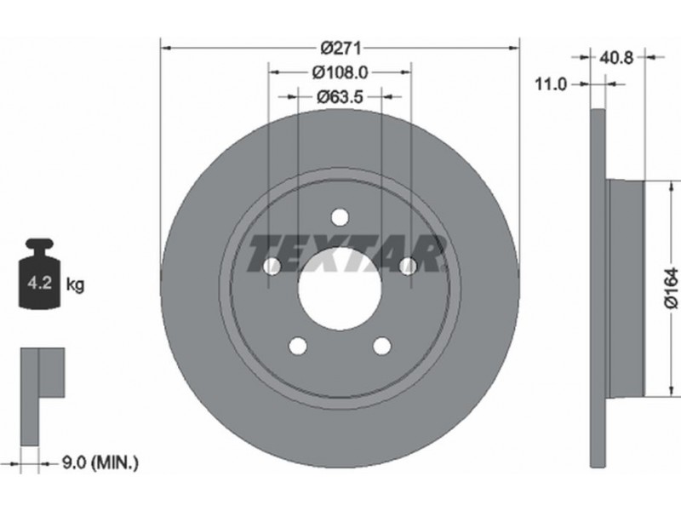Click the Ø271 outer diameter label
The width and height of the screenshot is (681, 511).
[340, 48]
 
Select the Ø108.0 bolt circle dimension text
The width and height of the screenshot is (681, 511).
[340, 72]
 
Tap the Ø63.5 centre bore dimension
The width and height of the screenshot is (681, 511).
[340, 96]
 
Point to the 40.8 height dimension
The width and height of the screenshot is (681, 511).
[616, 57]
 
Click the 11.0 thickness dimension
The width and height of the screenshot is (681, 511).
[551, 84]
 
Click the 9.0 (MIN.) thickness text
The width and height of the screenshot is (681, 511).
[100, 462]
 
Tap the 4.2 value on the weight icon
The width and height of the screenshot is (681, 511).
[39, 284]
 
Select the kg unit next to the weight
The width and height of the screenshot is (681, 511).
[75, 284]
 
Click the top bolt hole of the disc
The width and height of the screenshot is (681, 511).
[340, 216]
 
